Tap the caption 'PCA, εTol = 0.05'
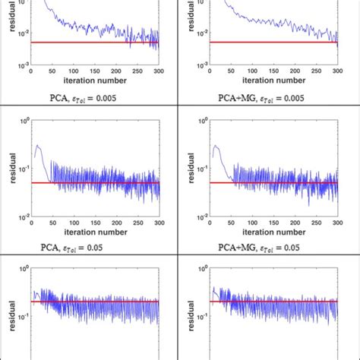point(95,247)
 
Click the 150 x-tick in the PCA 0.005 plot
point(95,74)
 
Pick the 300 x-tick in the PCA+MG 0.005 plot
point(337,74)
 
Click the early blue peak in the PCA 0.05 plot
point(36,146)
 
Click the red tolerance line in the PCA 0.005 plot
point(95,43)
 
